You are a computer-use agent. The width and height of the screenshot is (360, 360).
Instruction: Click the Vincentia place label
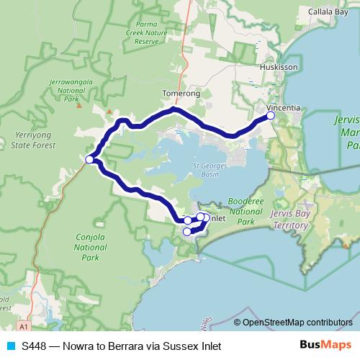283,108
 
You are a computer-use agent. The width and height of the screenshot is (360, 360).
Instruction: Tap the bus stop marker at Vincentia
271,114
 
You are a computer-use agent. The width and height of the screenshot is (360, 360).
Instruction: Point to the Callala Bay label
328,12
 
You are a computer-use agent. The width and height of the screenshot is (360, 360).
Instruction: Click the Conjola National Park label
91,246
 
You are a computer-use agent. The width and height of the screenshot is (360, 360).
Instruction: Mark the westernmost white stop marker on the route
89,160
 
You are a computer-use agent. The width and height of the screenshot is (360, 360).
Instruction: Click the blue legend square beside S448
11,346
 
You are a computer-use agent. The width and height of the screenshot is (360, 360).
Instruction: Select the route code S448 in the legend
35,346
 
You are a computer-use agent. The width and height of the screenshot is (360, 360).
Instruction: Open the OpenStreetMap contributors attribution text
297,322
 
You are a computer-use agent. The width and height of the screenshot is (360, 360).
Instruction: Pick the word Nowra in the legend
77,346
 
